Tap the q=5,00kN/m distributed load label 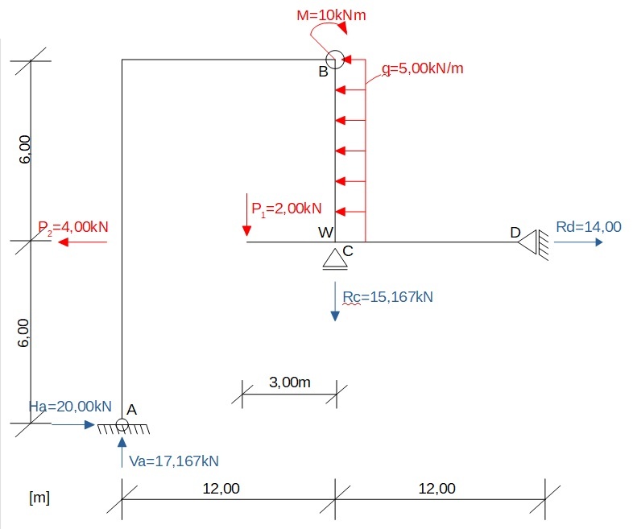(x=423, y=68)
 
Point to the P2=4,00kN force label (x=72, y=227)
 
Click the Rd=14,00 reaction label (x=589, y=227)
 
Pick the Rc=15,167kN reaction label (x=387, y=297)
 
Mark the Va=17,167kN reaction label (x=174, y=461)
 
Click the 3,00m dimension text (x=289, y=382)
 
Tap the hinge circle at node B (x=335, y=60)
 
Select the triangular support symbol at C (x=333, y=258)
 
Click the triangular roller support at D (x=528, y=241)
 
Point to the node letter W (x=325, y=233)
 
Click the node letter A (x=133, y=410)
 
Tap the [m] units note (x=39, y=497)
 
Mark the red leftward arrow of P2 (x=81, y=242)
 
